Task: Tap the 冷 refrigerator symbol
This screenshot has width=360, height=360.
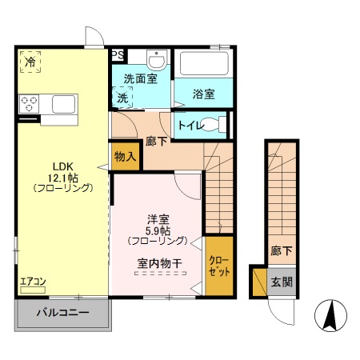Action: coord(30,62)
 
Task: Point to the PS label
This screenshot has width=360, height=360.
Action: coord(118,55)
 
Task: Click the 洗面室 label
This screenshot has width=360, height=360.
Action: coord(139,78)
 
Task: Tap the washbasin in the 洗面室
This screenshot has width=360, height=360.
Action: coord(157,60)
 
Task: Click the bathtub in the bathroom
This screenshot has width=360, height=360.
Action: coord(202,63)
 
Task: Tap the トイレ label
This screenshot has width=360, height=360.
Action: coord(189,125)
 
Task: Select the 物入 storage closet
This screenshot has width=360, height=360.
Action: coord(124,157)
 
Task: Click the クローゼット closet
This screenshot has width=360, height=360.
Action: coord(218,266)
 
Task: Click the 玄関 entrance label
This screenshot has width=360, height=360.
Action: coord(281,281)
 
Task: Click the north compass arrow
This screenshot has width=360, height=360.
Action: coord(329,315)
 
